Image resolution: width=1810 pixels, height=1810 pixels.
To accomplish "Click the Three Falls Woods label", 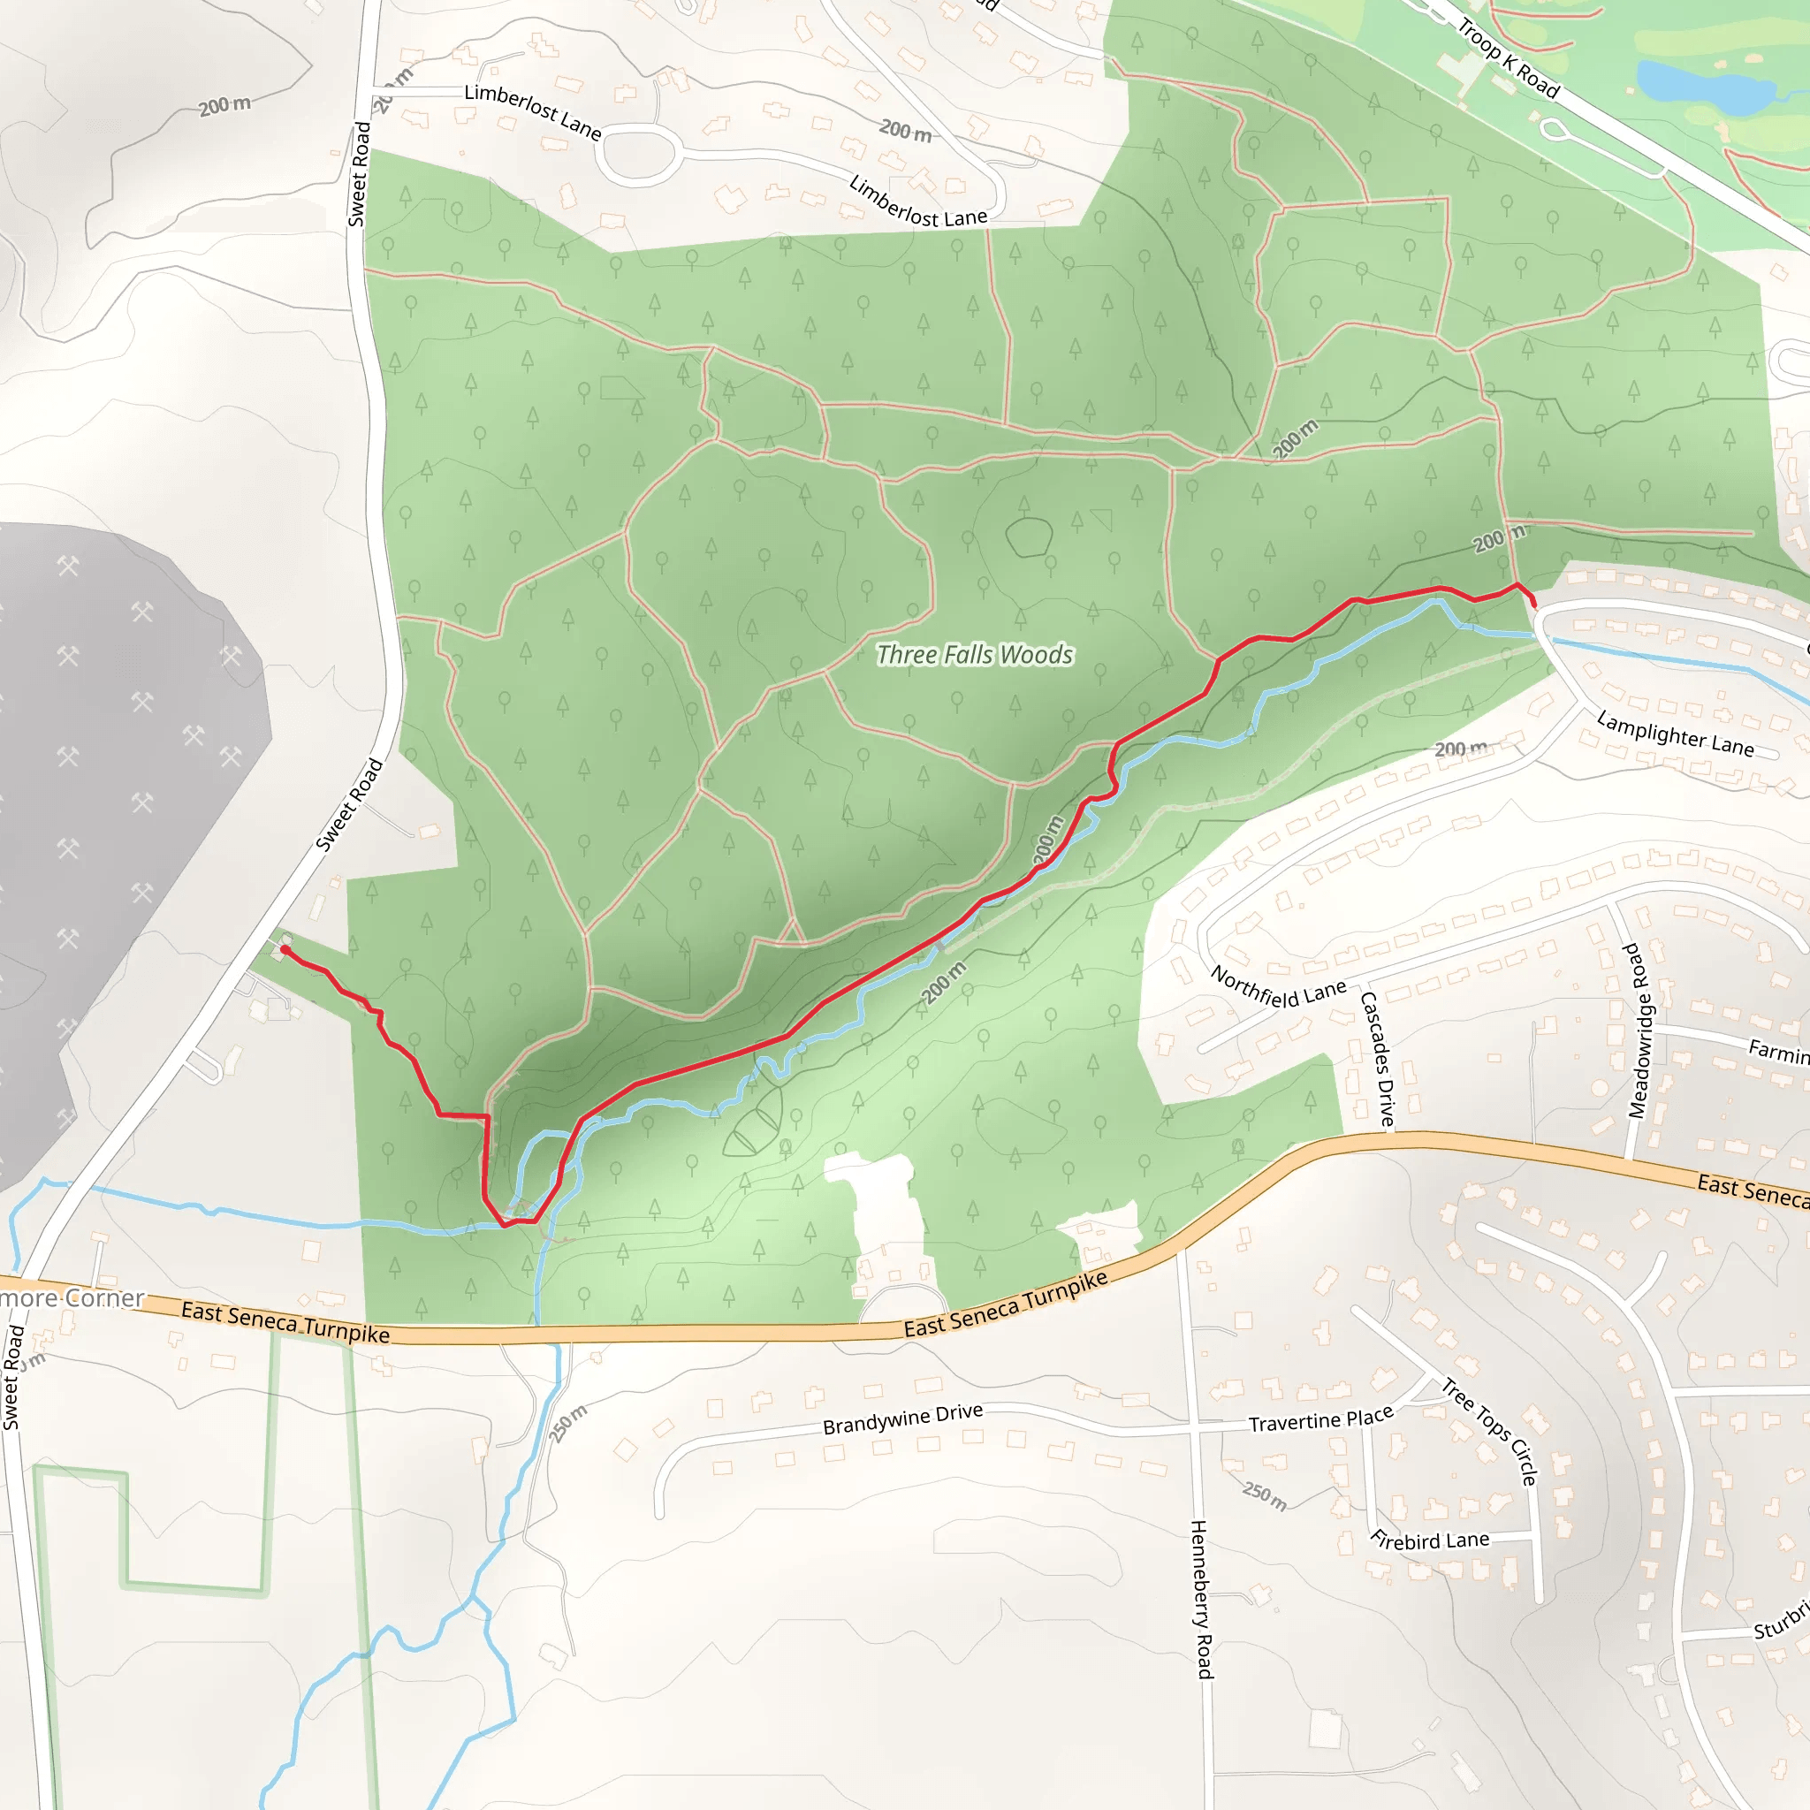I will (x=974, y=655).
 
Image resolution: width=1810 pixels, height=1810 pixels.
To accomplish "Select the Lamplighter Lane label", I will (x=1675, y=734).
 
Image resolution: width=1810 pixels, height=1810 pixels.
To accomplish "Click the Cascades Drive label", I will (x=1377, y=1059).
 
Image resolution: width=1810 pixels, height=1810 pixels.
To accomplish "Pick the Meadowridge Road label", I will (x=1638, y=1030).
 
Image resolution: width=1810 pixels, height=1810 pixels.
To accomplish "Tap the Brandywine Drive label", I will (x=903, y=1418).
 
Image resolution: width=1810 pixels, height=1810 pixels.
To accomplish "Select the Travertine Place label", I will (x=1321, y=1421).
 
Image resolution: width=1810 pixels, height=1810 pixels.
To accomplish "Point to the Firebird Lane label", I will (x=1430, y=1541).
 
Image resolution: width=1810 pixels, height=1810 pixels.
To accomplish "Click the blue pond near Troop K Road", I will (x=1705, y=87).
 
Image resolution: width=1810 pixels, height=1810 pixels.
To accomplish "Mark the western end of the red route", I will (x=284, y=950).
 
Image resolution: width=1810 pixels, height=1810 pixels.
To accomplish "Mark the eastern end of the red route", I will (x=1533, y=605).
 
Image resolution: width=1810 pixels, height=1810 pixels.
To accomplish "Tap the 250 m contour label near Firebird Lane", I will (x=1265, y=1495).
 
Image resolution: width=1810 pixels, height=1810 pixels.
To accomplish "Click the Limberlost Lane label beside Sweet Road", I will (x=532, y=111).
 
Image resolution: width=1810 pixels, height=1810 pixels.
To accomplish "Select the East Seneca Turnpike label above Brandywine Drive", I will (x=1005, y=1304).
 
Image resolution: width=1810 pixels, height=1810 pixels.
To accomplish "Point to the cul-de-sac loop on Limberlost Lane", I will (x=640, y=155).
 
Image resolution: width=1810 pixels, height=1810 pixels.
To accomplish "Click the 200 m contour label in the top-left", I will (x=224, y=106).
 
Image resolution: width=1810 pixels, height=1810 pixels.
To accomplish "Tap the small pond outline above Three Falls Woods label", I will (x=1029, y=537).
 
